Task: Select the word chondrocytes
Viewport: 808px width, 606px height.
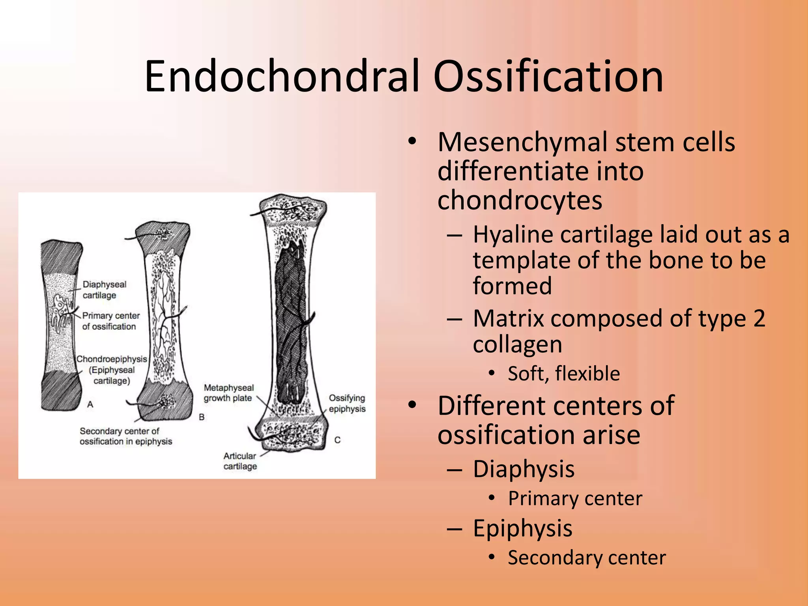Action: point(520,200)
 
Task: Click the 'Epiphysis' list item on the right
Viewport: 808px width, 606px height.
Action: point(522,528)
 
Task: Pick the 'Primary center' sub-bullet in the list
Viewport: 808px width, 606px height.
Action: point(575,498)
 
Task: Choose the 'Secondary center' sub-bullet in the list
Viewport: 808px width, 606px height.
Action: point(586,558)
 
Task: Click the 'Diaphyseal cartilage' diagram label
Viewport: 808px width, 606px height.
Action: point(104,290)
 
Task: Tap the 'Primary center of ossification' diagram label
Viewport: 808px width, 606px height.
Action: point(110,321)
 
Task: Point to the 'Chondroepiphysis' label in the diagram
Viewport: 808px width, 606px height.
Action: point(112,359)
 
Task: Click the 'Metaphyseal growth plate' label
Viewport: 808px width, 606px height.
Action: point(228,393)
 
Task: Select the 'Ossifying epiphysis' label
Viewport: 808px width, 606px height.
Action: point(347,403)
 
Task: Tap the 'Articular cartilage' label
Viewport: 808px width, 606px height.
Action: point(240,461)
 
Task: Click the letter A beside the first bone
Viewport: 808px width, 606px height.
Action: point(90,404)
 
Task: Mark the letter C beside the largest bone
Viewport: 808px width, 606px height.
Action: point(337,440)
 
